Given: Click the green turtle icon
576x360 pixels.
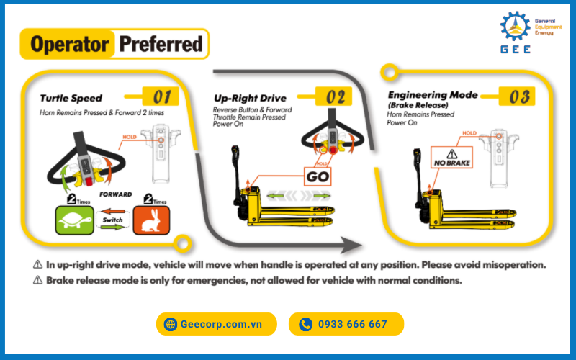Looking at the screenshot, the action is pos(75,220).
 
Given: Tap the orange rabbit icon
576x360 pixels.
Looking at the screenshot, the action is pos(151,220).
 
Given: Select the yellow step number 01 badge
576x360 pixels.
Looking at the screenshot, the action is pos(161,96).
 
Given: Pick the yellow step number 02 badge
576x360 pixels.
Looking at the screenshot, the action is pos(333,96).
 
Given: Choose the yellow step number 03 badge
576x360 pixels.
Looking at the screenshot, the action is pos(517,96).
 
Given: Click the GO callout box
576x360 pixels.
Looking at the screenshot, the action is pos(318,176).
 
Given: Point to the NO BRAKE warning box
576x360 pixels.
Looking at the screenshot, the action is pos(452,158).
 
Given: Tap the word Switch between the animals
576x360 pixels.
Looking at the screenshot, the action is pos(112,220).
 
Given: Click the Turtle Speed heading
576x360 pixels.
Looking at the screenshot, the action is pos(71,98).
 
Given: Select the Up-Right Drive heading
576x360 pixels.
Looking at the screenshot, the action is pos(250,98).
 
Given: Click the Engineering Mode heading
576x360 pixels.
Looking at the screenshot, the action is pos(433,95).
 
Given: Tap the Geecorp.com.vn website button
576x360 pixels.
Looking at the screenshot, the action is pos(217,324).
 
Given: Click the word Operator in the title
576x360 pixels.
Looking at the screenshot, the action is pos(70,44).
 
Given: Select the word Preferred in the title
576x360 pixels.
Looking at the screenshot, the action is pos(161,44).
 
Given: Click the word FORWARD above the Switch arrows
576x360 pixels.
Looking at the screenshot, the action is pos(116,194).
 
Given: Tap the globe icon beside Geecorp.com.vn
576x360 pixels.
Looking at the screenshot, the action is pos(171,324).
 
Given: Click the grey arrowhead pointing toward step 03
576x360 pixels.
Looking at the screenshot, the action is pos(351,245).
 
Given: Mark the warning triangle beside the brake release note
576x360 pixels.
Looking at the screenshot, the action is pos(38,280).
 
